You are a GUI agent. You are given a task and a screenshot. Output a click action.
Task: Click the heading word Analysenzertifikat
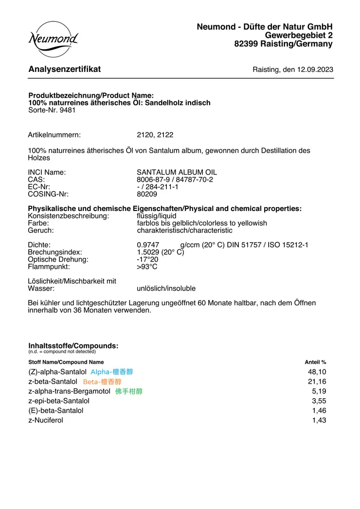(65, 69)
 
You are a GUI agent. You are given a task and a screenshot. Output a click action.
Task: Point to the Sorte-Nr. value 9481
(68, 110)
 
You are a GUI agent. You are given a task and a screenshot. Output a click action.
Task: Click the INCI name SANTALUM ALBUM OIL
(177, 173)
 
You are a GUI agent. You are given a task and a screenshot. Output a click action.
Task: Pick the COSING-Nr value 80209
(147, 194)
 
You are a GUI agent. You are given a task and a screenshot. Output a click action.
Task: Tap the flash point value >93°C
(147, 267)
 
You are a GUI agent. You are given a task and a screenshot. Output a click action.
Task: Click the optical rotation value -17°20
(147, 260)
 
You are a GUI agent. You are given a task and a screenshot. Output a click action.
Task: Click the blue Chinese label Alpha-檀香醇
(111, 372)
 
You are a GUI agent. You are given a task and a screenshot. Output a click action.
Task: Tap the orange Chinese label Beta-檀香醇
(102, 382)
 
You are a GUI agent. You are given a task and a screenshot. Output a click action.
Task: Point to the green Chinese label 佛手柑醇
(129, 391)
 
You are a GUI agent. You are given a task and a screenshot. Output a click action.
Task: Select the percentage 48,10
(317, 372)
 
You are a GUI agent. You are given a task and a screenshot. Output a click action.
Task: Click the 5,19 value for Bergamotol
(319, 391)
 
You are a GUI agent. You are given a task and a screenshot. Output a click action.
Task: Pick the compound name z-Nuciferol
(46, 421)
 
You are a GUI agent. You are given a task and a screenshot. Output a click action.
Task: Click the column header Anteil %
(315, 362)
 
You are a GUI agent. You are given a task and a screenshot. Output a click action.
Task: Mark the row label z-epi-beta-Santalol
(59, 401)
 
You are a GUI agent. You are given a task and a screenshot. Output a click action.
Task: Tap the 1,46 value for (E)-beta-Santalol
(319, 411)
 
